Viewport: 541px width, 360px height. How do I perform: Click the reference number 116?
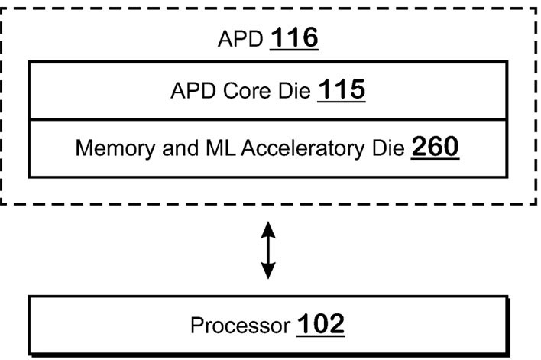294,37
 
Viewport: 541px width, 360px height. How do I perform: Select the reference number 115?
341,92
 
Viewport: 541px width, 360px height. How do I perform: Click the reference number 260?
436,147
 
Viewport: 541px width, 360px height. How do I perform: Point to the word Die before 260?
388,148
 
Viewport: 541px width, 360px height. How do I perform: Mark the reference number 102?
319,324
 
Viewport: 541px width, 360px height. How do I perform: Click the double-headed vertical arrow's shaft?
267,250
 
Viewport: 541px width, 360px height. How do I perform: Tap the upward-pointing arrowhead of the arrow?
267,229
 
